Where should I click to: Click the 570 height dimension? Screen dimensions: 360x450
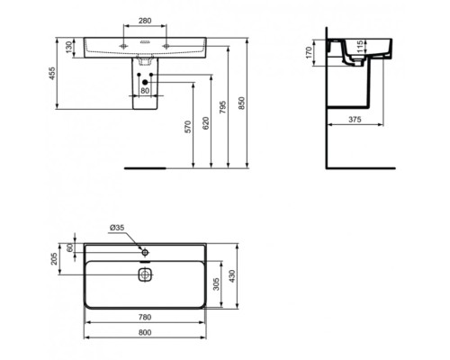(x=188, y=126)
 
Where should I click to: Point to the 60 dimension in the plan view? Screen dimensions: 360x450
(x=68, y=247)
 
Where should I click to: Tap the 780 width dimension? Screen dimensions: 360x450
(x=144, y=316)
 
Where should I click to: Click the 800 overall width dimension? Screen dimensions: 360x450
(x=144, y=333)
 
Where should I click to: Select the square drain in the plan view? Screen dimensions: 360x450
(x=144, y=275)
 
